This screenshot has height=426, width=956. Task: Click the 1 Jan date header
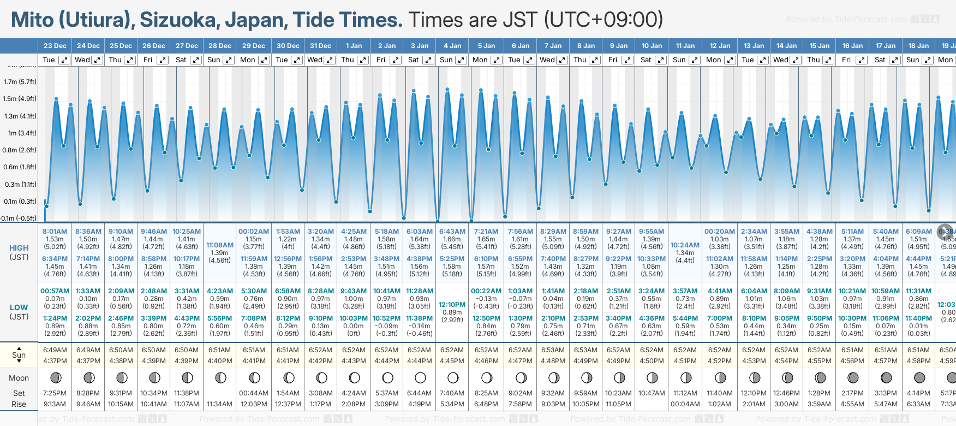tap(354, 46)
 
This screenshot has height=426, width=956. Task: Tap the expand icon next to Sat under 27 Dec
tap(195, 60)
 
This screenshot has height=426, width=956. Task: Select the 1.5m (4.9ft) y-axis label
tap(20, 99)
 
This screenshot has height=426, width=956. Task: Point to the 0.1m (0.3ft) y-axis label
tap(20, 202)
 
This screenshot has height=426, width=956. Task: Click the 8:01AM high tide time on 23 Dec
tap(55, 232)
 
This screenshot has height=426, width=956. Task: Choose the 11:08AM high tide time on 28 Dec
tap(220, 245)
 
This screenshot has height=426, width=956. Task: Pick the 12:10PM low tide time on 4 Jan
tap(452, 305)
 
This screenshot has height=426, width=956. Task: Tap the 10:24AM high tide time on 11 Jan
tap(685, 245)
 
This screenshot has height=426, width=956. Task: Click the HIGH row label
tap(19, 248)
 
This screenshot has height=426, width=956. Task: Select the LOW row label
tap(19, 307)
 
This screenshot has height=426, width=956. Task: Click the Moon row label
tap(19, 378)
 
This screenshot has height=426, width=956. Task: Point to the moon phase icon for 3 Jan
tap(420, 378)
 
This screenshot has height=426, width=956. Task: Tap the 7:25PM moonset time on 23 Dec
tap(55, 393)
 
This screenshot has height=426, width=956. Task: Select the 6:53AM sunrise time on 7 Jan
tap(553, 350)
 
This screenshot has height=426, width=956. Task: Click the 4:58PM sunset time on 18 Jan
tap(918, 361)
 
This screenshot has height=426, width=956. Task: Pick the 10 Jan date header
tap(652, 46)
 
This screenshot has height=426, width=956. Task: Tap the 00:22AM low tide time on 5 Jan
tap(486, 291)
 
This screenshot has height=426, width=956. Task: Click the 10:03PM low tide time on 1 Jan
tap(354, 318)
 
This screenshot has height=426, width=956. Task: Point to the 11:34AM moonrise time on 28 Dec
tap(220, 404)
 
